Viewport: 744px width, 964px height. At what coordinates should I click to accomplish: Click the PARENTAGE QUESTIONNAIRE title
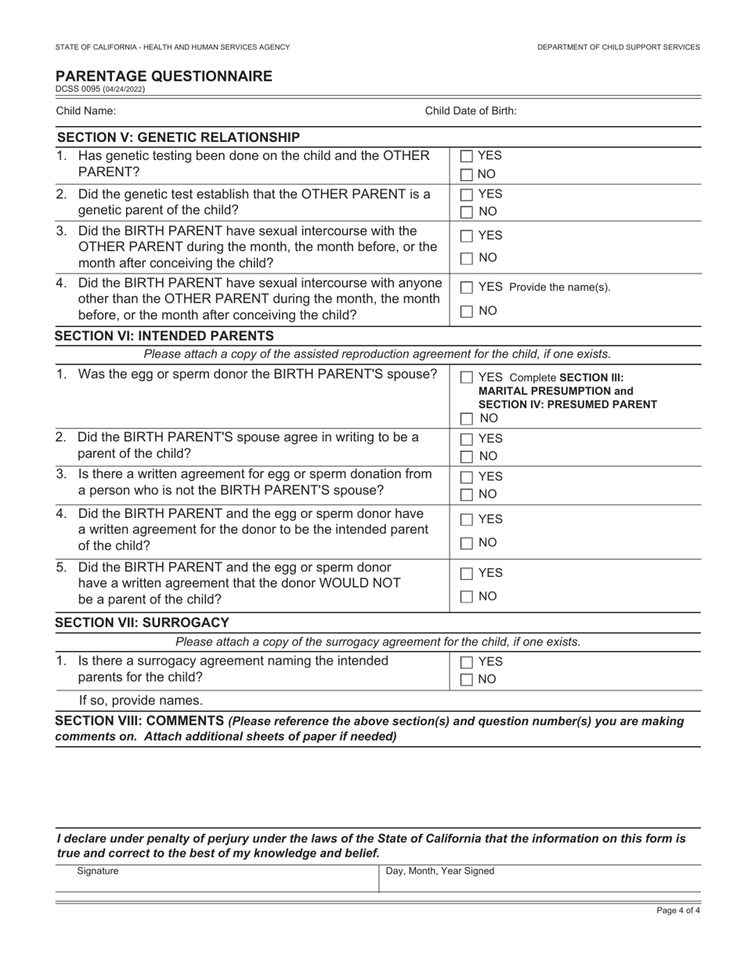[164, 76]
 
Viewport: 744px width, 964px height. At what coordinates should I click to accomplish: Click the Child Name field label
[85, 111]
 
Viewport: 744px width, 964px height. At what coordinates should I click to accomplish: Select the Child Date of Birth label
[470, 111]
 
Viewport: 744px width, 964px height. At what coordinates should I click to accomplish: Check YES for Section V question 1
[467, 157]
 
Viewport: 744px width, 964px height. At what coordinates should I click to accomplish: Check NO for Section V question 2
[467, 212]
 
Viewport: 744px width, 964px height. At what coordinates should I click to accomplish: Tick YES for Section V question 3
[467, 236]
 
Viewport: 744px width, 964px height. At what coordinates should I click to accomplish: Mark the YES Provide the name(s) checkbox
[467, 288]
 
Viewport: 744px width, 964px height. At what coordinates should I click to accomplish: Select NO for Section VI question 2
[467, 457]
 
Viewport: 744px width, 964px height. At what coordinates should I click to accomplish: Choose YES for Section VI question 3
[467, 477]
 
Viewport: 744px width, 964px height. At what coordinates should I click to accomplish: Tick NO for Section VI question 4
[467, 543]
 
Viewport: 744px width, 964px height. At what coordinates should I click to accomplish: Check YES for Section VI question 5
[467, 574]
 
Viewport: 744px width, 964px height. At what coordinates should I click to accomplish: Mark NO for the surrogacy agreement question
[467, 680]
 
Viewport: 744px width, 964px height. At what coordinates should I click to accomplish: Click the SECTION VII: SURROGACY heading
[142, 623]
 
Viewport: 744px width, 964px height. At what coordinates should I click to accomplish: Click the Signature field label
[98, 871]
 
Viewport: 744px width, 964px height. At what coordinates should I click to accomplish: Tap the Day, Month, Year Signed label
[440, 871]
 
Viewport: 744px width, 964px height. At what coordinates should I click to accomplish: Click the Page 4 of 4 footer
[677, 911]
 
